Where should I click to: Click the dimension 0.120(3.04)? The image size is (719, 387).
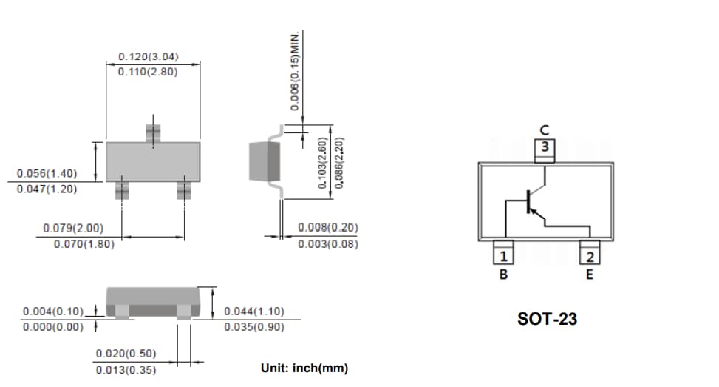click(148, 57)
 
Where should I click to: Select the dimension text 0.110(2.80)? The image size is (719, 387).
click(148, 72)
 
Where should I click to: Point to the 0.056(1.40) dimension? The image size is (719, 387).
click(47, 173)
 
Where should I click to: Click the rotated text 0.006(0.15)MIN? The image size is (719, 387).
click(295, 72)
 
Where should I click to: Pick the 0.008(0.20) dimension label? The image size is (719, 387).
click(327, 228)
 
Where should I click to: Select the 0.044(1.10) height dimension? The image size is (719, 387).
click(253, 312)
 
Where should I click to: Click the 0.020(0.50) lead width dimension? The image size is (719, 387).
click(126, 354)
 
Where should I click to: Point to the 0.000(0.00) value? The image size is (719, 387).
click(52, 327)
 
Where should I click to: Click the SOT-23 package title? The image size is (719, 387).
click(547, 320)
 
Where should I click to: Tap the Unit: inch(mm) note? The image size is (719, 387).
click(304, 369)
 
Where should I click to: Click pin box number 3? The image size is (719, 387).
click(545, 147)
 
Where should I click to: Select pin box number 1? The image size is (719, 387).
click(503, 257)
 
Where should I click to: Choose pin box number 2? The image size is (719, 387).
click(590, 257)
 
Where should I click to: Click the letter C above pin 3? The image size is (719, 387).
click(545, 131)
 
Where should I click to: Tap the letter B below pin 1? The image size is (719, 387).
click(503, 275)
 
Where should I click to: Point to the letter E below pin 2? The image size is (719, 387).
click(590, 275)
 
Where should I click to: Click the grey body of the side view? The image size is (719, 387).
click(265, 163)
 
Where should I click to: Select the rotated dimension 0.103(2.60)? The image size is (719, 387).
click(322, 163)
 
